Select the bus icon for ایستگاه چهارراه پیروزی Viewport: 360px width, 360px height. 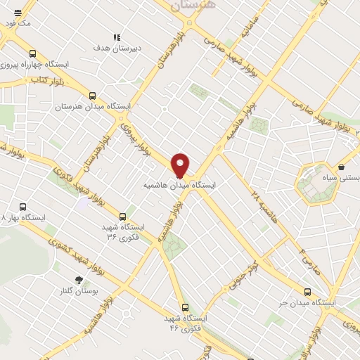pos(32,53)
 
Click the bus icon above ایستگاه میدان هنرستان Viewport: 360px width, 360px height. pos(93,96)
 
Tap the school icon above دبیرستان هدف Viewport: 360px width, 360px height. pos(117,37)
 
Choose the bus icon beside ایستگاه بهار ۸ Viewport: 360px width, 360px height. pos(23,207)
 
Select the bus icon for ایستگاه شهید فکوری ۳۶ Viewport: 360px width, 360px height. pos(123,216)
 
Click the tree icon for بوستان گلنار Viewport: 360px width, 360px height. pos(78,279)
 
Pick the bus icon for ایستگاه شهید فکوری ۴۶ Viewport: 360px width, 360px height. pos(186,307)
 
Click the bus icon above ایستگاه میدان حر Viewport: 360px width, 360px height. pos(307,291)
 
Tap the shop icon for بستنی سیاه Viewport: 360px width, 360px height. pos(341,167)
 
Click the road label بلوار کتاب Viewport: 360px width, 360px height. pos(43,80)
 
